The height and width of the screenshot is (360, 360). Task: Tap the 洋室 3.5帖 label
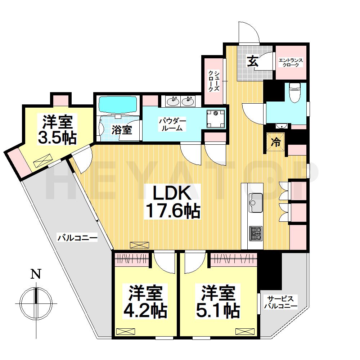[57, 130]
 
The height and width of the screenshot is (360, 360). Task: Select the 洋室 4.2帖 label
[145, 301]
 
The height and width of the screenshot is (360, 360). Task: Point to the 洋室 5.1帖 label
[218, 301]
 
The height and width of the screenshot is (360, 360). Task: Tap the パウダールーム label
[172, 125]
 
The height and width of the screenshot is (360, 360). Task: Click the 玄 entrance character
[253, 61]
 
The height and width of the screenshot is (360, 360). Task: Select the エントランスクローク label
[291, 62]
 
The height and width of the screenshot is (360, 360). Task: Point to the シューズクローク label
[213, 81]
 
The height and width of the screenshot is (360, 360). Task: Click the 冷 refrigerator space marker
[276, 142]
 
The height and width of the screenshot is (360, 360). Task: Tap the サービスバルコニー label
[280, 302]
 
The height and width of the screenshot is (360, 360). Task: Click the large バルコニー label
[77, 238]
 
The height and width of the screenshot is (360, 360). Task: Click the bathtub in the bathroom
[118, 105]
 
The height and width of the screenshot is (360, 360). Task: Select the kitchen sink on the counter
[256, 203]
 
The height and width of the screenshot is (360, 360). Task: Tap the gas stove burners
[256, 233]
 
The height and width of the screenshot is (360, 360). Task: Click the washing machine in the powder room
[215, 119]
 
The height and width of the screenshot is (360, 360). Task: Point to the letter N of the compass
[36, 274]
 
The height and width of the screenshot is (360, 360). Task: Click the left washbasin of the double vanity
[174, 101]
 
